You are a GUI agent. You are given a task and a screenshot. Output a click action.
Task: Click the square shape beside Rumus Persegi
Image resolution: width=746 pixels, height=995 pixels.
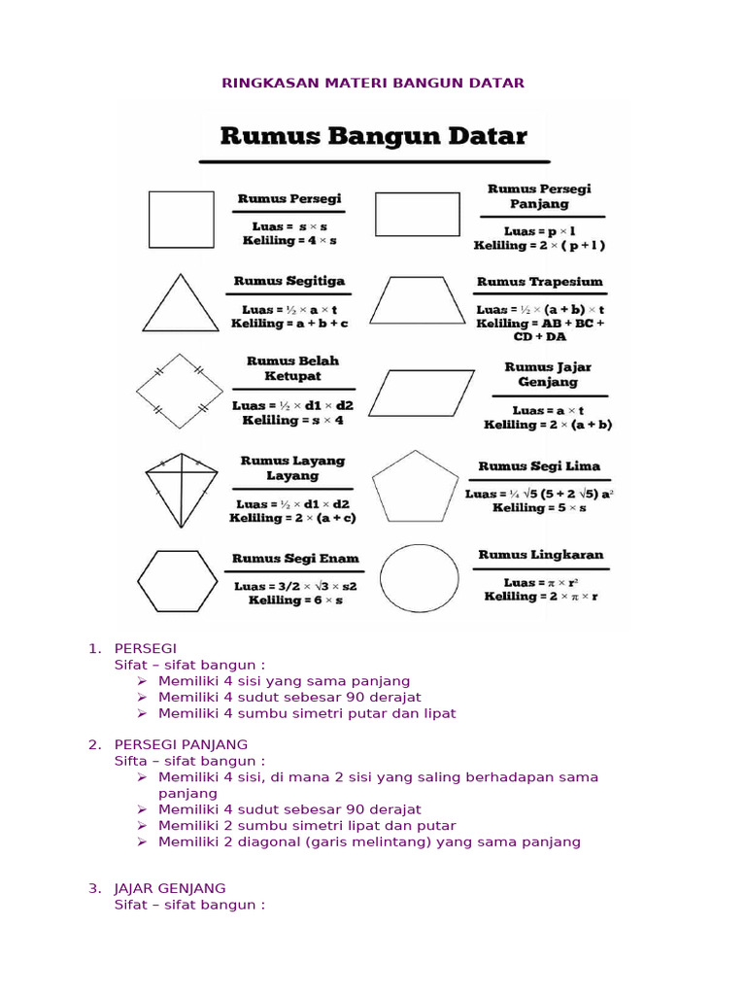(181, 219)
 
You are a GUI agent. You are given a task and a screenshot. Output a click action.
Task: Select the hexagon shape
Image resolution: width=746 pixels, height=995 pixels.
(176, 581)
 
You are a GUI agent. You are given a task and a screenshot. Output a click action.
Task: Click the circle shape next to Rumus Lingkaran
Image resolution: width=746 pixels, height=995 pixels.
(419, 580)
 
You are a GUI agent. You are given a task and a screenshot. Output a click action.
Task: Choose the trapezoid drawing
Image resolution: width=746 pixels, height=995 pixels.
(418, 300)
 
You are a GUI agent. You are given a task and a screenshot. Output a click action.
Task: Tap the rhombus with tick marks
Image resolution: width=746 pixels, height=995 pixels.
(180, 391)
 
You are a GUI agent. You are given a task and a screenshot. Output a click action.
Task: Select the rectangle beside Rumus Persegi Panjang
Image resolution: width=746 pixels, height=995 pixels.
(418, 214)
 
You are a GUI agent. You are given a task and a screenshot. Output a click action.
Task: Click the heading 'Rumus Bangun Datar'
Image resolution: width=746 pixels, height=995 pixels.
(374, 136)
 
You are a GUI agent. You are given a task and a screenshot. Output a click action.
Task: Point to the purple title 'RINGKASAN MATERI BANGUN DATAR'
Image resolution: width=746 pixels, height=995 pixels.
(374, 83)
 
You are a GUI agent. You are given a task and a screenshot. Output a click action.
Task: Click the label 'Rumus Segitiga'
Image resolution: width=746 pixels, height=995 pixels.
(289, 281)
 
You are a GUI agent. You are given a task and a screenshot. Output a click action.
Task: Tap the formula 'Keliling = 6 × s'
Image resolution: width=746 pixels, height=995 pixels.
(288, 600)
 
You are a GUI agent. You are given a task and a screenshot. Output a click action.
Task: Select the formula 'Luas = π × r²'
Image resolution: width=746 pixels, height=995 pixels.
(541, 582)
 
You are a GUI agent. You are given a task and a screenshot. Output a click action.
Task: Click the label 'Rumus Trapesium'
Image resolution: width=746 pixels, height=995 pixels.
(540, 282)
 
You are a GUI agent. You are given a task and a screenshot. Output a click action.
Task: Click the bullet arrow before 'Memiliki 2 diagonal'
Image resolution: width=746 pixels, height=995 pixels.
(142, 841)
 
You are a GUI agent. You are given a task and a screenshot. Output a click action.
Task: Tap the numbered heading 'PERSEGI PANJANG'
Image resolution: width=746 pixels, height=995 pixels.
(181, 744)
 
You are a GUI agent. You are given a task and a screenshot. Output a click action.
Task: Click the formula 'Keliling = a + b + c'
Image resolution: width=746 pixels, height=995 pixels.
(289, 323)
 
